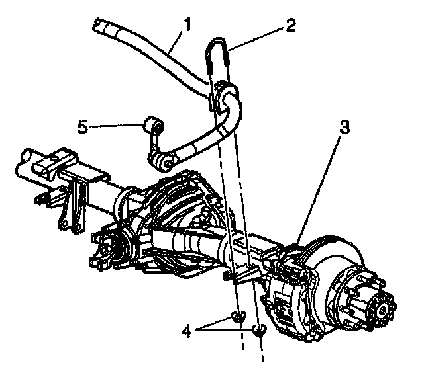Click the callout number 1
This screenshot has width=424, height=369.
pos(188,26)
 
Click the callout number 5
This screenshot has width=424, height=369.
pos(82,126)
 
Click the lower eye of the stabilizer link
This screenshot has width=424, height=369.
pos(168,159)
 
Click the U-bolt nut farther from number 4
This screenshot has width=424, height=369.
pos(260,329)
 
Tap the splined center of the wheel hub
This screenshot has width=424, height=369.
pos(382,307)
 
